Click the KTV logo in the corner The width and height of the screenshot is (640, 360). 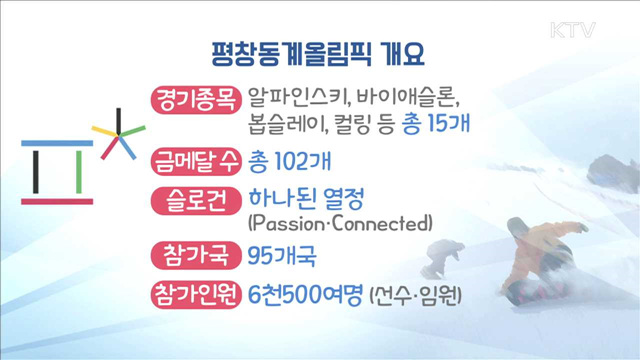coord(573,30)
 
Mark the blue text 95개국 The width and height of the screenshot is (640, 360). coord(282,254)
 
